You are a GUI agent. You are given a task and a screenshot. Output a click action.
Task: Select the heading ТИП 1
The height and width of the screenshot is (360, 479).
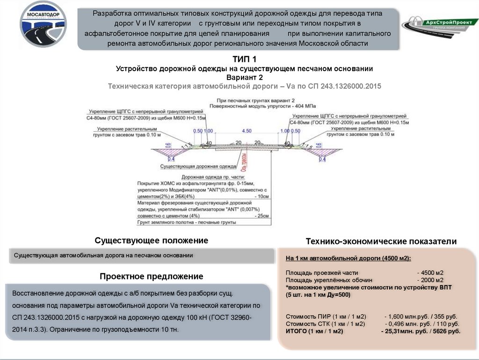(x=244, y=59)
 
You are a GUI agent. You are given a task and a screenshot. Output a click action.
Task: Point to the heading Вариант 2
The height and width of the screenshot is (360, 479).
(x=244, y=77)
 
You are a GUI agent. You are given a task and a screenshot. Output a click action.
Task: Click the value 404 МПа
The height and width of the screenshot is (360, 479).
(x=281, y=106)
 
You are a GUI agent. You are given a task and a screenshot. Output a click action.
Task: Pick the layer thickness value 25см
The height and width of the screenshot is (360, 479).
(x=262, y=216)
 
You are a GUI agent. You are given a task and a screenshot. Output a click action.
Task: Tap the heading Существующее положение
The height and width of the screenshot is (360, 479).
(x=151, y=241)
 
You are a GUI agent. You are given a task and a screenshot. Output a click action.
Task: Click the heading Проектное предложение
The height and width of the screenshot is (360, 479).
(x=151, y=277)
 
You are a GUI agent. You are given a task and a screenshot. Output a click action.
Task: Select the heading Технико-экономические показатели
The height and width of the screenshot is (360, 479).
(x=381, y=242)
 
